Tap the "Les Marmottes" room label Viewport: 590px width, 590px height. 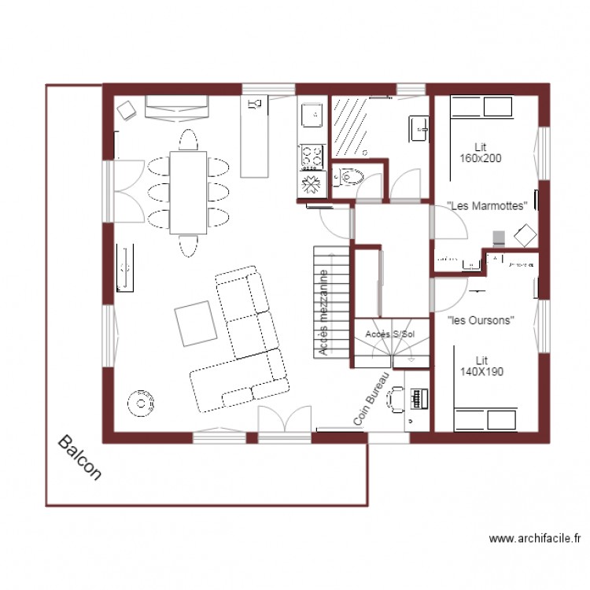[486, 205]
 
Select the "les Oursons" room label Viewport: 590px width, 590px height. [481, 320]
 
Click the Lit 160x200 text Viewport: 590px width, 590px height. [481, 152]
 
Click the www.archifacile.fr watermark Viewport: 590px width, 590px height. [535, 539]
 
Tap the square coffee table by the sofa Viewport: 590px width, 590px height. [196, 323]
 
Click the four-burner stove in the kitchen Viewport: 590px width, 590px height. [312, 156]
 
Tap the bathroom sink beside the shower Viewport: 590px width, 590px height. [419, 127]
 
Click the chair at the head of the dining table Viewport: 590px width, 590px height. [188, 139]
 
